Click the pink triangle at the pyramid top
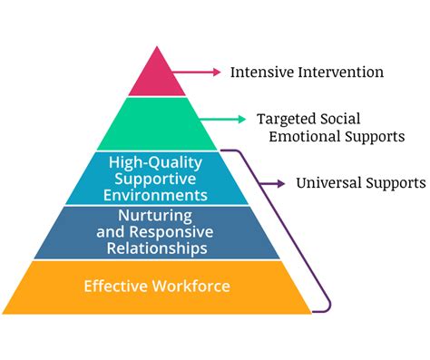pyautogui.click(x=157, y=77)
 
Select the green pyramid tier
pyautogui.click(x=157, y=123)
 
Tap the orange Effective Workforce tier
pyautogui.click(x=157, y=287)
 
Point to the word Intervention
pyautogui.click(x=327, y=71)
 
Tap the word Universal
pyautogui.click(x=328, y=183)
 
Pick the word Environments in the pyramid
pyautogui.click(x=157, y=194)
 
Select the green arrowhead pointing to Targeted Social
pyautogui.click(x=240, y=119)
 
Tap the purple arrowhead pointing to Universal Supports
pyautogui.click(x=281, y=184)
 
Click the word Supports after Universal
pyautogui.click(x=396, y=183)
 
